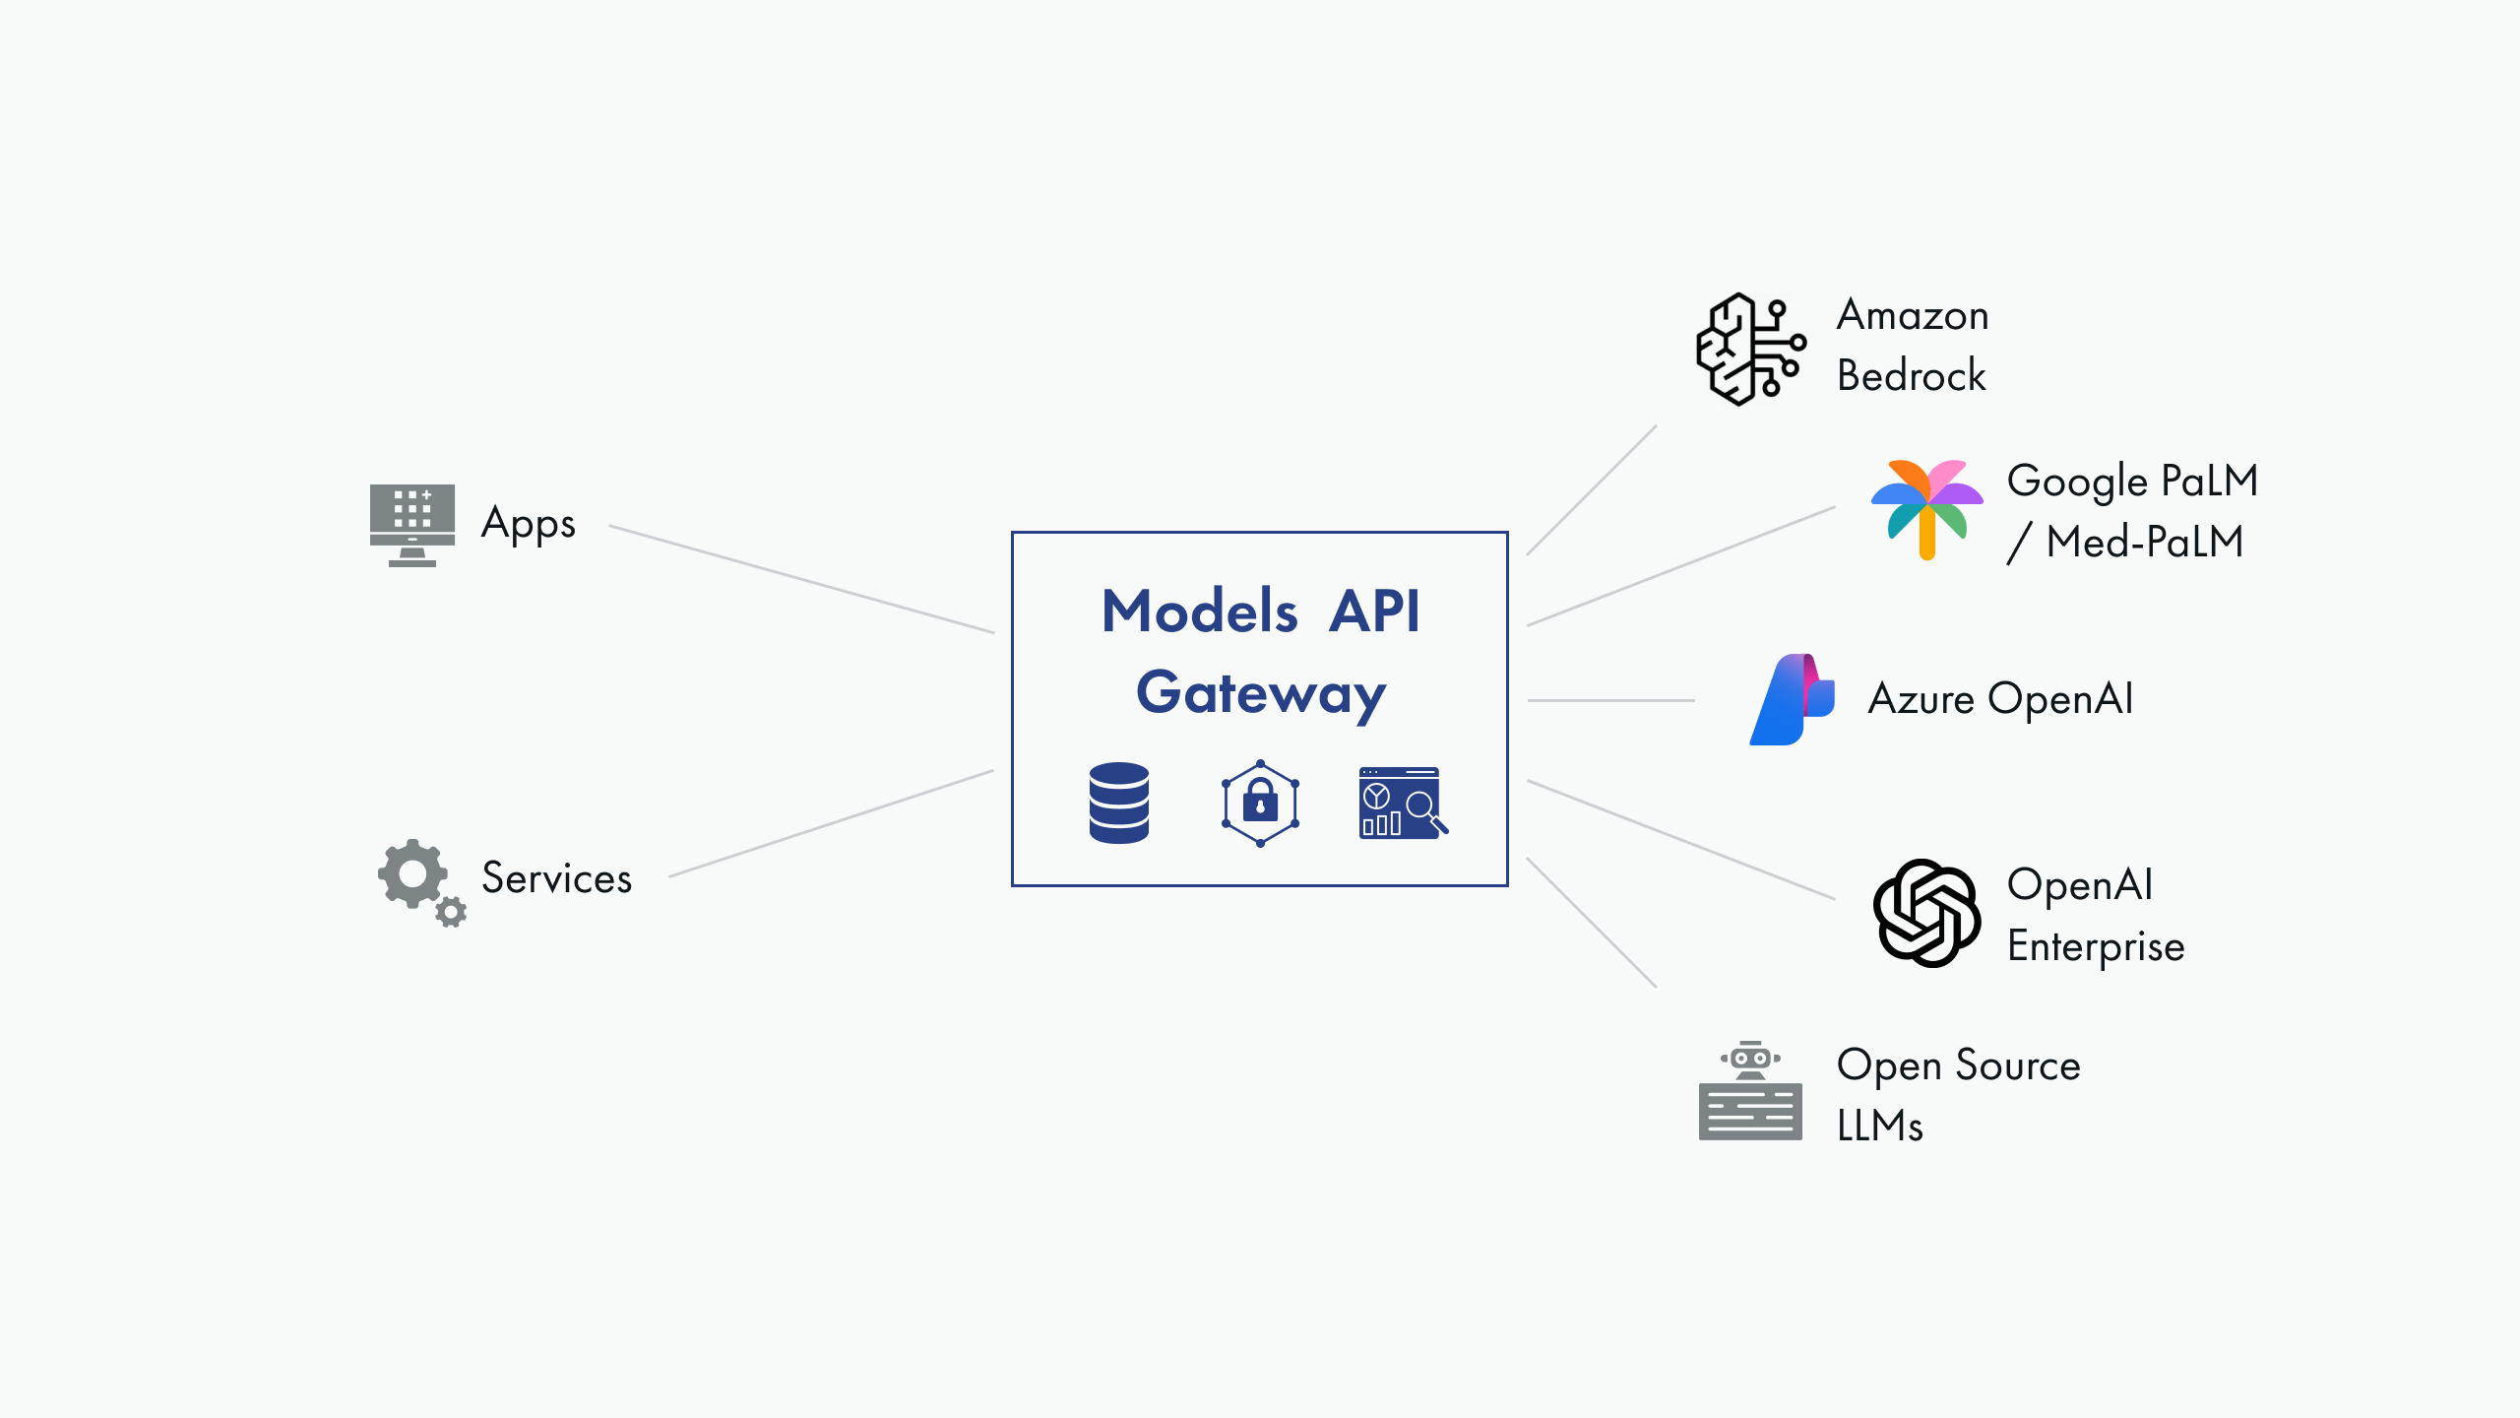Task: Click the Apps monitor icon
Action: (412, 523)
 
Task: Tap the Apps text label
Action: (528, 523)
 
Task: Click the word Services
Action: (556, 877)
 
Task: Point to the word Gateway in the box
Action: (1261, 693)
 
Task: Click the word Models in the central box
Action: (1199, 611)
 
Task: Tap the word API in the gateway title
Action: (1374, 611)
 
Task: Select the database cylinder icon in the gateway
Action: (1119, 803)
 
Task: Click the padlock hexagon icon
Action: (1260, 803)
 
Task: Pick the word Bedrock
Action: (1911, 376)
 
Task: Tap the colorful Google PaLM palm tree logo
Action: (1926, 508)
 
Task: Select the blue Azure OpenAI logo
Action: (1792, 699)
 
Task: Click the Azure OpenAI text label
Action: (2000, 699)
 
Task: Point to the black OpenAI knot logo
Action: (1926, 913)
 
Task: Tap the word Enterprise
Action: (2096, 946)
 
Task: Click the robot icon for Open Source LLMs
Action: (1750, 1091)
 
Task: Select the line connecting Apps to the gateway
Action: (802, 579)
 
